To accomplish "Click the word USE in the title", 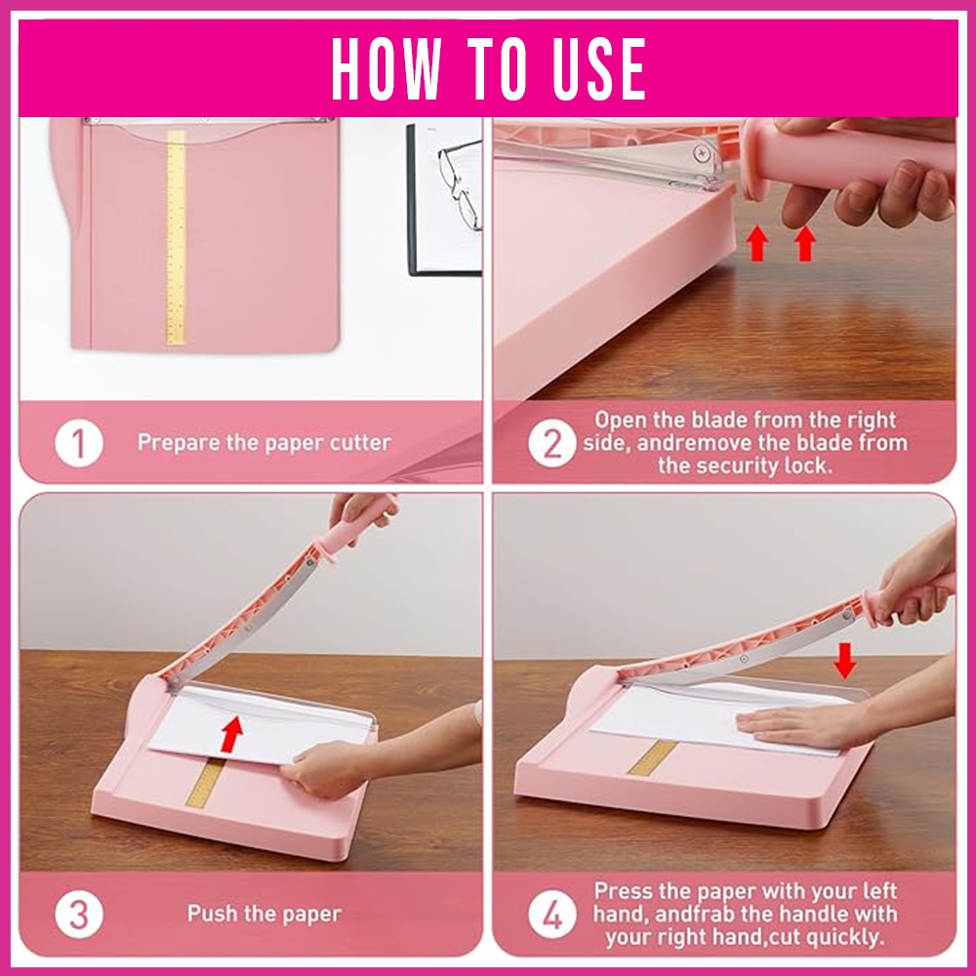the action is [x=598, y=68].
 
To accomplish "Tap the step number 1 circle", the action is [x=78, y=443].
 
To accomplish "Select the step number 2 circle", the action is [x=552, y=443].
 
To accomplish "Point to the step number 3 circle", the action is [x=78, y=915].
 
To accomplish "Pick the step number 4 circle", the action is [x=552, y=915].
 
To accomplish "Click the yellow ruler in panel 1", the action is [x=176, y=237].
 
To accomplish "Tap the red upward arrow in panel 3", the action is [x=231, y=733].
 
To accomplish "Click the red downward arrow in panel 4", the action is [x=844, y=661].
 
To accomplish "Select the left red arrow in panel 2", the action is [x=757, y=243].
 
